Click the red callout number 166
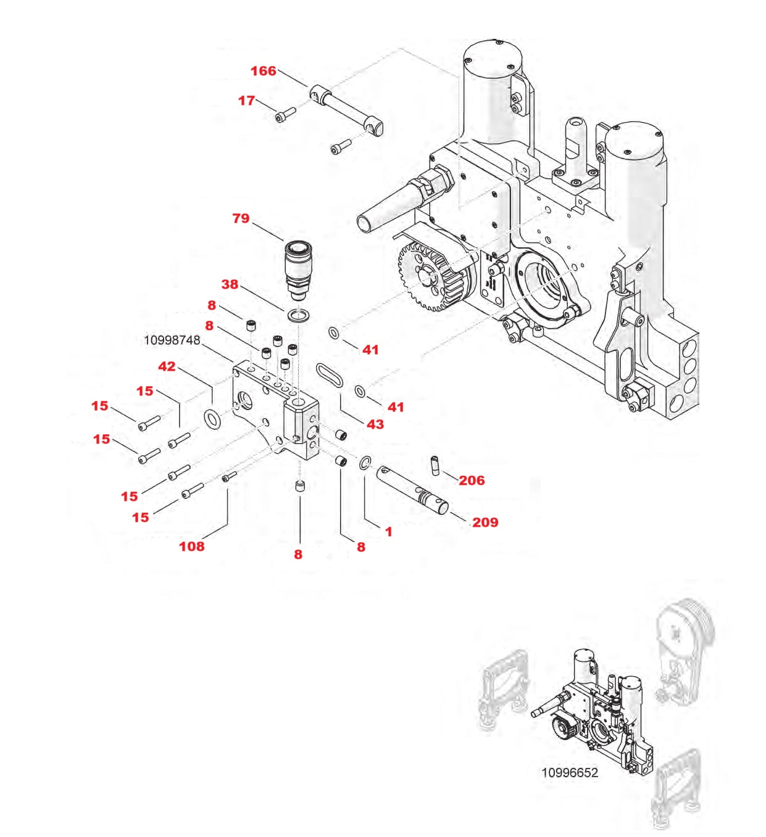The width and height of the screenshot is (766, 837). coord(263,71)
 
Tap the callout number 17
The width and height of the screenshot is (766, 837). coord(246,101)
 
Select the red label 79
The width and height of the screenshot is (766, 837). coord(241,218)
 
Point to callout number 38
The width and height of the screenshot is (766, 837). coord(230,284)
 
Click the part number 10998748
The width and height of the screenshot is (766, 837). coord(172,340)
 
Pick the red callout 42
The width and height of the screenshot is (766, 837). coord(167,366)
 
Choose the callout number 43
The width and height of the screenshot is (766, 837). coord(375,424)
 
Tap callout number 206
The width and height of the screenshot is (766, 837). coord(472,480)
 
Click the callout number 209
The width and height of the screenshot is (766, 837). coord(485,522)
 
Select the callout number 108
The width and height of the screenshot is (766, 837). coord(191,546)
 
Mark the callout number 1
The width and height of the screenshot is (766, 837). coord(388,532)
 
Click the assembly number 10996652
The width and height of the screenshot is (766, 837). coord(569,773)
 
